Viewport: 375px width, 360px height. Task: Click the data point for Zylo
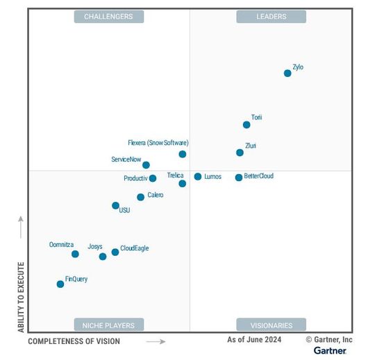pos(287,73)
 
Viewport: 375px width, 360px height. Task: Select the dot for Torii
pos(247,125)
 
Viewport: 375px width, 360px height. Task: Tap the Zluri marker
pos(240,153)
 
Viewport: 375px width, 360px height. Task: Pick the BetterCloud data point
pos(239,178)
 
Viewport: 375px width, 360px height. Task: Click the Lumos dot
pos(198,177)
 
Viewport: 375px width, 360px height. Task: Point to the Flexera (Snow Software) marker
pos(183,154)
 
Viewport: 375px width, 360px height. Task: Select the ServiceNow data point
pos(146,165)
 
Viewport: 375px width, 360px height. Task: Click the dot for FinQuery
pos(60,284)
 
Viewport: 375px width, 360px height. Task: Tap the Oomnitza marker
pos(75,254)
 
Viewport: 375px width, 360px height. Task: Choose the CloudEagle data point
pos(115,252)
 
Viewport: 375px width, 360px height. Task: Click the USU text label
pos(124,210)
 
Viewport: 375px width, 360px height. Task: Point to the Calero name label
pos(156,196)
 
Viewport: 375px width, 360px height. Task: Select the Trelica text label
pos(176,176)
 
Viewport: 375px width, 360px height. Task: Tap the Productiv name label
pos(135,178)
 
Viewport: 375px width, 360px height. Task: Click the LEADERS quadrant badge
pos(271,16)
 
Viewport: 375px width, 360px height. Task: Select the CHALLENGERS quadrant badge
pos(108,16)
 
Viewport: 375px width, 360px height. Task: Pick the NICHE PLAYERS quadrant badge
pos(108,325)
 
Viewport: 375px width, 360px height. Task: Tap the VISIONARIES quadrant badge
pos(271,325)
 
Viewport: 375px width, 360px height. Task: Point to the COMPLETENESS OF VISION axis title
pos(74,341)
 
